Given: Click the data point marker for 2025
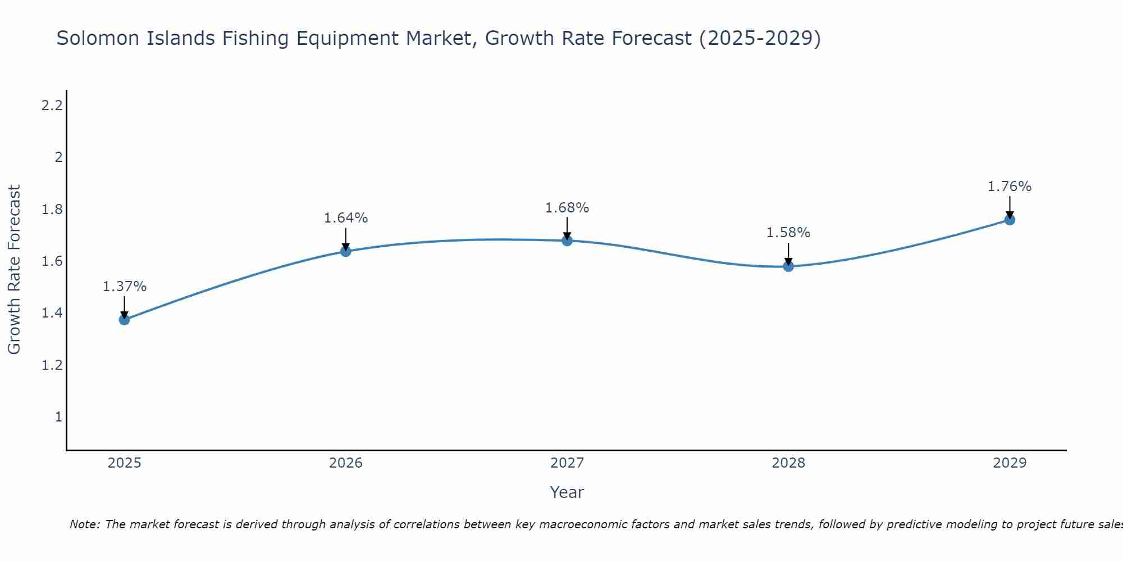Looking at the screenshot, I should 124,320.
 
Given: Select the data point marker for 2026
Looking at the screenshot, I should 346,251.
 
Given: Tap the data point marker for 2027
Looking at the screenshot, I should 567,241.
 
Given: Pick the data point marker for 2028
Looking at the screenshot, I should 788,266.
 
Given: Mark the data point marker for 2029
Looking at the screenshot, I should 1010,220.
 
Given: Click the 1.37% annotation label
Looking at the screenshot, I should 124,287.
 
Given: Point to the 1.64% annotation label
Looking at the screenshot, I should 346,218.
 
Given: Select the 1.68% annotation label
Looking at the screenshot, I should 567,208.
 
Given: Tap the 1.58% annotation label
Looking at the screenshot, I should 788,233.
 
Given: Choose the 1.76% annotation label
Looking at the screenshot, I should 1010,187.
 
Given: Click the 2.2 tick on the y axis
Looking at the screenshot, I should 52,105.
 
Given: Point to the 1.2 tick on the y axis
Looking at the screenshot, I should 52,365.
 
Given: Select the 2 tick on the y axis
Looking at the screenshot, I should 58,157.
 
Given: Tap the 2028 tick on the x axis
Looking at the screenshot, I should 788,463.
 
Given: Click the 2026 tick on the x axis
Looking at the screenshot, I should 346,463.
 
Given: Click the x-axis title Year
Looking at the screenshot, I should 567,492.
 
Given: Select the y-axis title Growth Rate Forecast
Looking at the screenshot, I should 14,270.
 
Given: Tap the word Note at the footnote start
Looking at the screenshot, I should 84,524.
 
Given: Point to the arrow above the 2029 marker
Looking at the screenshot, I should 1010,207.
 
